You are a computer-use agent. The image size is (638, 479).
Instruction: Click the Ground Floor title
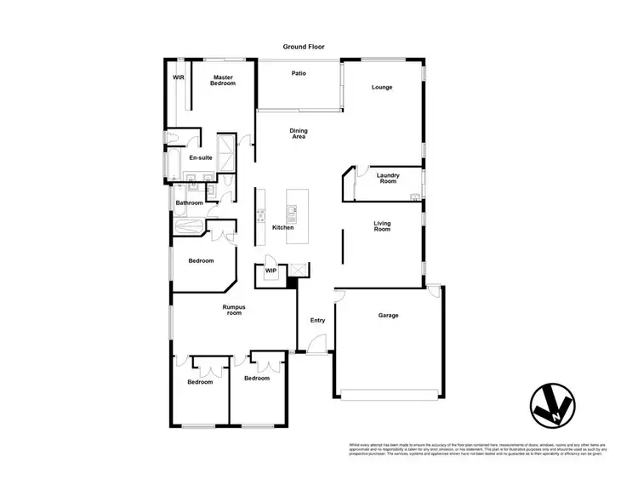coord(304,47)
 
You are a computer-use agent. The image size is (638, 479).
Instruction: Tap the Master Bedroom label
coord(223,80)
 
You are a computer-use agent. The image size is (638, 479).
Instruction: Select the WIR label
coord(179,77)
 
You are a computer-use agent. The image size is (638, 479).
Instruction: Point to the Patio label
coord(299,74)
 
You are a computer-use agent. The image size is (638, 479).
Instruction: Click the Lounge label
coord(381,88)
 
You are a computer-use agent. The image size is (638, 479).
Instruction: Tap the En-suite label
coord(200,158)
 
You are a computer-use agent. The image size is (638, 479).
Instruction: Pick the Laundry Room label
coord(388,179)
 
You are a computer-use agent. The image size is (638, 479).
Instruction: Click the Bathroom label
coord(189,203)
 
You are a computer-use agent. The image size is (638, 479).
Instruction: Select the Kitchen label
coord(282,227)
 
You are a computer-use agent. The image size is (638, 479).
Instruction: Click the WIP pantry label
coord(271,271)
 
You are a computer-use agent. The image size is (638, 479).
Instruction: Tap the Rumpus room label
coord(234,310)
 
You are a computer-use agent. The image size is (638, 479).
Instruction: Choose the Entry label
coord(317,321)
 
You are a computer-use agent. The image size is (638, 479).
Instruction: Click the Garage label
coord(388,316)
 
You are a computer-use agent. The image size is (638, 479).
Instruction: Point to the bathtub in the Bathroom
coord(188,227)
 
